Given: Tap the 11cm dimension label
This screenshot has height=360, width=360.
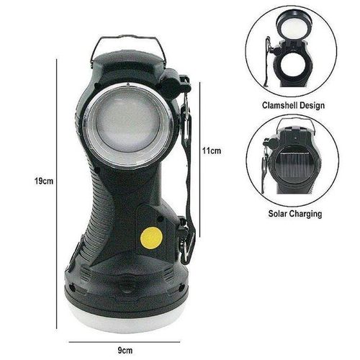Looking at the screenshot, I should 211,150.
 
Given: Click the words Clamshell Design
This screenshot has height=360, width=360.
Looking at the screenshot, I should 293,105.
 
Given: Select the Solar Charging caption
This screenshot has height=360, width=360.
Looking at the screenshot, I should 293,214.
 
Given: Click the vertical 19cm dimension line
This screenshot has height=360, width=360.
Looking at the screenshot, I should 57,180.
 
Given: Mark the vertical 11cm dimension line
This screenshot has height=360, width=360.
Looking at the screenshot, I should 199,151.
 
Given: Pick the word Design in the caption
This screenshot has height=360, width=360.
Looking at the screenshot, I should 310,105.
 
